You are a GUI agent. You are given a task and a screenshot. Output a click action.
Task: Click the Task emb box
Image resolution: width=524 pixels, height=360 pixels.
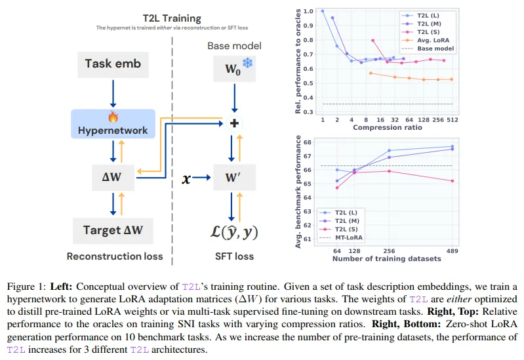[113, 64]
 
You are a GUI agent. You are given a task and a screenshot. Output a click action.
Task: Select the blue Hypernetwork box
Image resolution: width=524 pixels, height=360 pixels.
[113, 130]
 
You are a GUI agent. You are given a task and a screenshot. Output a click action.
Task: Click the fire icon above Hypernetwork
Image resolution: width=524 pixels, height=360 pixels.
[113, 117]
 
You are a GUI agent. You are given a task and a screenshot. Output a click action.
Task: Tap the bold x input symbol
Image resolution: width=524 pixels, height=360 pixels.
[186, 176]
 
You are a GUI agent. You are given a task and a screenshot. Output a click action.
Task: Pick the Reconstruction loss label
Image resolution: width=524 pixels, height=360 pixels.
[115, 256]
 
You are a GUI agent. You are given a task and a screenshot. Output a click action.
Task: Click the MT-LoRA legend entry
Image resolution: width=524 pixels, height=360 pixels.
[347, 237]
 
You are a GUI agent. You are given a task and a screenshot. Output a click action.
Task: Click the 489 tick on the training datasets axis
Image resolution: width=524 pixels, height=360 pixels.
[452, 250]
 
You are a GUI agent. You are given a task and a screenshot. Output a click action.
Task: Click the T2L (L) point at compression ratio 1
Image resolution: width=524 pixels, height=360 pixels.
[323, 11]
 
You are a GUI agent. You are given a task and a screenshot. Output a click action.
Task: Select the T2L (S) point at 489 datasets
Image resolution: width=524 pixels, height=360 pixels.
[452, 181]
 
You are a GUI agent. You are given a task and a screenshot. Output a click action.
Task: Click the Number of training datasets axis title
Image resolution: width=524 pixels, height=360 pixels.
[386, 258]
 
